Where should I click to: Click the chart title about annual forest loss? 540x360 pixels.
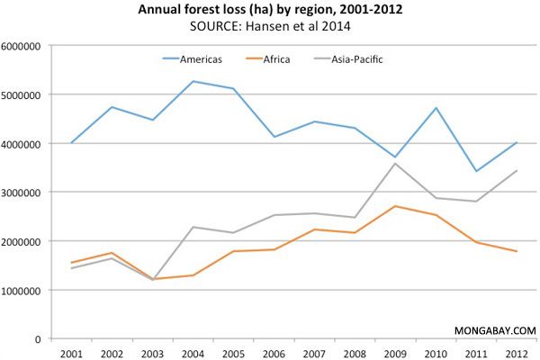click(x=270, y=11)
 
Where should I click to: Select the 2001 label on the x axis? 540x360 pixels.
click(x=71, y=352)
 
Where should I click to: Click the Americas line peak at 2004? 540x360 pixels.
click(x=193, y=81)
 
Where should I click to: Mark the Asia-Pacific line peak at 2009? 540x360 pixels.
click(x=395, y=163)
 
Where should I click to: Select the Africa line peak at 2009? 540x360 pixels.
click(x=395, y=206)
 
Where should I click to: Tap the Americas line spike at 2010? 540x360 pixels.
click(x=434, y=108)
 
